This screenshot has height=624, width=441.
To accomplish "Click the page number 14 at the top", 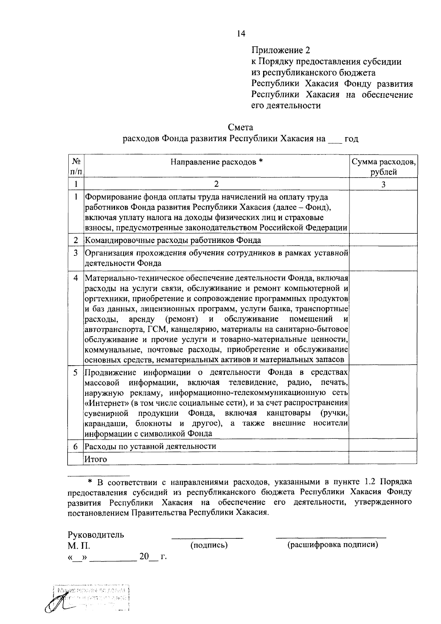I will [241, 34].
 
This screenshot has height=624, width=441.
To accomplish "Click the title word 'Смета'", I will [240, 128].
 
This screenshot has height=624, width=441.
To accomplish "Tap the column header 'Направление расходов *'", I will [217, 162].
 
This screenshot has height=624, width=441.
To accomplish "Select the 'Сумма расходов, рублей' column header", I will [383, 166].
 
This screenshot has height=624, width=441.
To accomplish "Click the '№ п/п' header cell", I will [76, 166].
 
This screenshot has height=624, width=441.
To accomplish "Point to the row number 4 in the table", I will [76, 278].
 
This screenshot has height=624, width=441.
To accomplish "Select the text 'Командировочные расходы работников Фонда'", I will [173, 240].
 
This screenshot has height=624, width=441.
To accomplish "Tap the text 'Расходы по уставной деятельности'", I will [150, 446].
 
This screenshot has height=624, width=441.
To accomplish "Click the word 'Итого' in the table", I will [96, 459].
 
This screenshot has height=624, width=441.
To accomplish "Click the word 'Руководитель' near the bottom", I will [96, 535].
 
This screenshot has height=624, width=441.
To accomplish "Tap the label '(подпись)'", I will [209, 545].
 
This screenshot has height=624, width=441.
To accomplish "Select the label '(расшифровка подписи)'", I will [333, 545].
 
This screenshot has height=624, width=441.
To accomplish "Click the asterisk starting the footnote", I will [90, 481].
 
